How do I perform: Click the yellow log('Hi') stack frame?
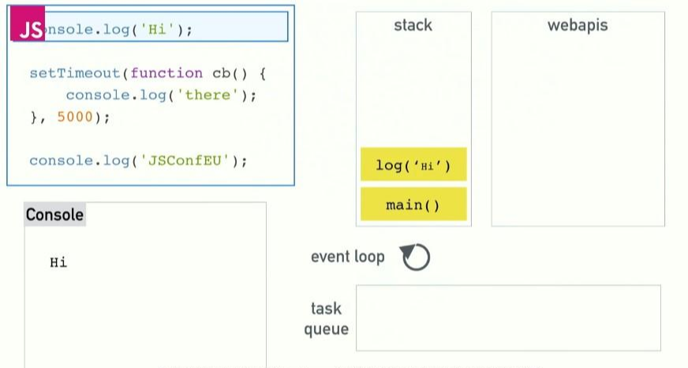point(413,165)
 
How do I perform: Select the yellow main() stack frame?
point(413,205)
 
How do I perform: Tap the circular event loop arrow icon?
point(415,257)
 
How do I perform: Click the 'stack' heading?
point(413,25)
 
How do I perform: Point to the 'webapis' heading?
point(578,25)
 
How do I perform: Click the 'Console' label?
point(54,215)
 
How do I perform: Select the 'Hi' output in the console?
point(58,263)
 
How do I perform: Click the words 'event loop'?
point(347,257)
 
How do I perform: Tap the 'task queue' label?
point(327,318)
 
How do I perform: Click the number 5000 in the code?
point(75,117)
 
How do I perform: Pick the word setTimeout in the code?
point(74,73)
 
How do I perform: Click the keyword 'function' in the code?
point(166,73)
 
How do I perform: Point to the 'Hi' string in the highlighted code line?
point(158,30)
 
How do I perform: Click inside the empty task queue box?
point(508,317)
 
